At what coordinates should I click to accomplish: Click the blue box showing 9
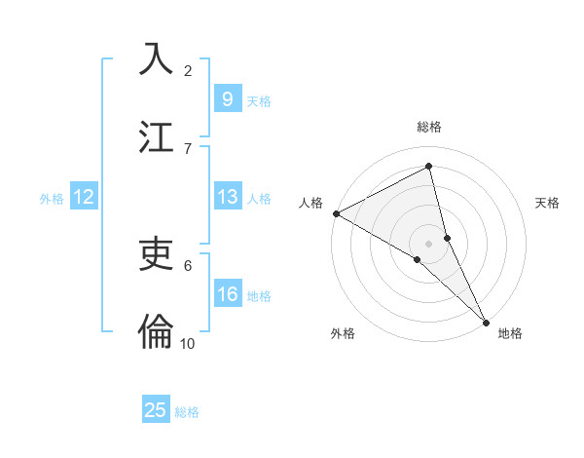[x=227, y=99]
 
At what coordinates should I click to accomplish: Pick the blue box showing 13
[x=227, y=197]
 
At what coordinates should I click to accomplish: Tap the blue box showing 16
[x=227, y=294]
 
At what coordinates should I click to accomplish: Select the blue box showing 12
[x=83, y=197]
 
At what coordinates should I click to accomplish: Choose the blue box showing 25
[x=156, y=410]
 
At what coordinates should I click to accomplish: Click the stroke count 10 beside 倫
[x=188, y=343]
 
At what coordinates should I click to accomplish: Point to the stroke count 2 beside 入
[x=188, y=70]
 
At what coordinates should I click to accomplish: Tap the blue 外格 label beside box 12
[x=52, y=198]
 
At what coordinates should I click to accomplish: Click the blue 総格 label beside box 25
[x=187, y=411]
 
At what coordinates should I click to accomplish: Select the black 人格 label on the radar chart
[x=310, y=203]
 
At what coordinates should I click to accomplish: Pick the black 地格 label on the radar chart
[x=510, y=333]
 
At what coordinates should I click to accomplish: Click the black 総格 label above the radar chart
[x=429, y=127]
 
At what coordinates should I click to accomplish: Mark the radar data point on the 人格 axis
[x=336, y=213]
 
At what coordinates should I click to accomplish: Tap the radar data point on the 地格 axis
[x=486, y=323]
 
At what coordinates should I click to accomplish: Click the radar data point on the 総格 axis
[x=429, y=167]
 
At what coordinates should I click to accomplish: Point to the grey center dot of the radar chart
[x=429, y=243]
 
